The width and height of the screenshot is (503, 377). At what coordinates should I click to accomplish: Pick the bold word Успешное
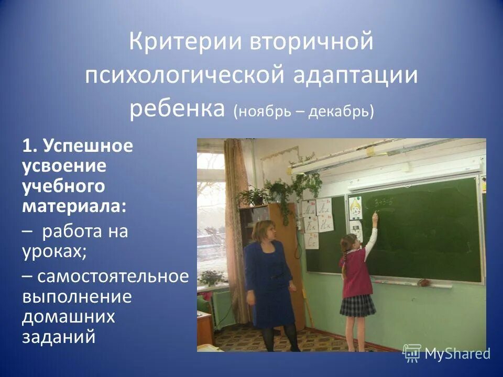click(x=88, y=146)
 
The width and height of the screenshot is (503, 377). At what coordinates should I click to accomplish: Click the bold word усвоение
click(x=64, y=166)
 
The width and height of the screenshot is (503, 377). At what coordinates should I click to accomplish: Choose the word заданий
click(x=59, y=336)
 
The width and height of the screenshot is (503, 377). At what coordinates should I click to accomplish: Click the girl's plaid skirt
click(x=357, y=305)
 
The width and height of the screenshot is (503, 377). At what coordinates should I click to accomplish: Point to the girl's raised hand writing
click(x=375, y=215)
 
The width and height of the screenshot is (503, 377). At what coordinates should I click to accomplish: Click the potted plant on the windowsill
click(x=211, y=278)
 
